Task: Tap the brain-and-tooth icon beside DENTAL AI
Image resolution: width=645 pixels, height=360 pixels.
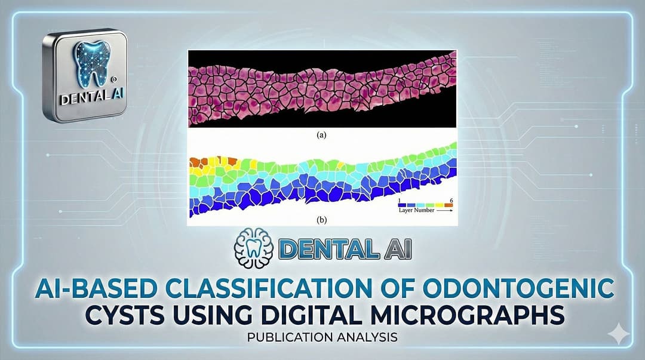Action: (253, 248)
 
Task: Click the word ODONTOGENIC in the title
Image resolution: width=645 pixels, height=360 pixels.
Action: (518, 289)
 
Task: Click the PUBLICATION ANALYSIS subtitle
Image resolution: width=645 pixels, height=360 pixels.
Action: (322, 337)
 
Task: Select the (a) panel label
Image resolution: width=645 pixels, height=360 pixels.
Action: (322, 134)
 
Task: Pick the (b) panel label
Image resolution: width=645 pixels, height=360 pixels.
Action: (322, 220)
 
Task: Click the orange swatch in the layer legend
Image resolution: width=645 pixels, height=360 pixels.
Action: (449, 205)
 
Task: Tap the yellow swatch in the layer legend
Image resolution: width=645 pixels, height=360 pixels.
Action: (440, 205)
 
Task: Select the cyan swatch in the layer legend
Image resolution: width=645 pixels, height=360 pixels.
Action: (421, 205)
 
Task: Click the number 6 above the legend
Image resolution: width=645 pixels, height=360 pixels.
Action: (451, 201)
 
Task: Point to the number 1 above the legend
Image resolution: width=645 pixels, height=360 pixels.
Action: (400, 201)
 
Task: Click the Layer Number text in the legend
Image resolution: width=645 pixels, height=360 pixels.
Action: (416, 210)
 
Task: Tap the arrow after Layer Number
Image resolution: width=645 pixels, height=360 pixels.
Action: (445, 210)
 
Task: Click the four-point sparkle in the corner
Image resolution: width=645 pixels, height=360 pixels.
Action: (618, 333)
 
